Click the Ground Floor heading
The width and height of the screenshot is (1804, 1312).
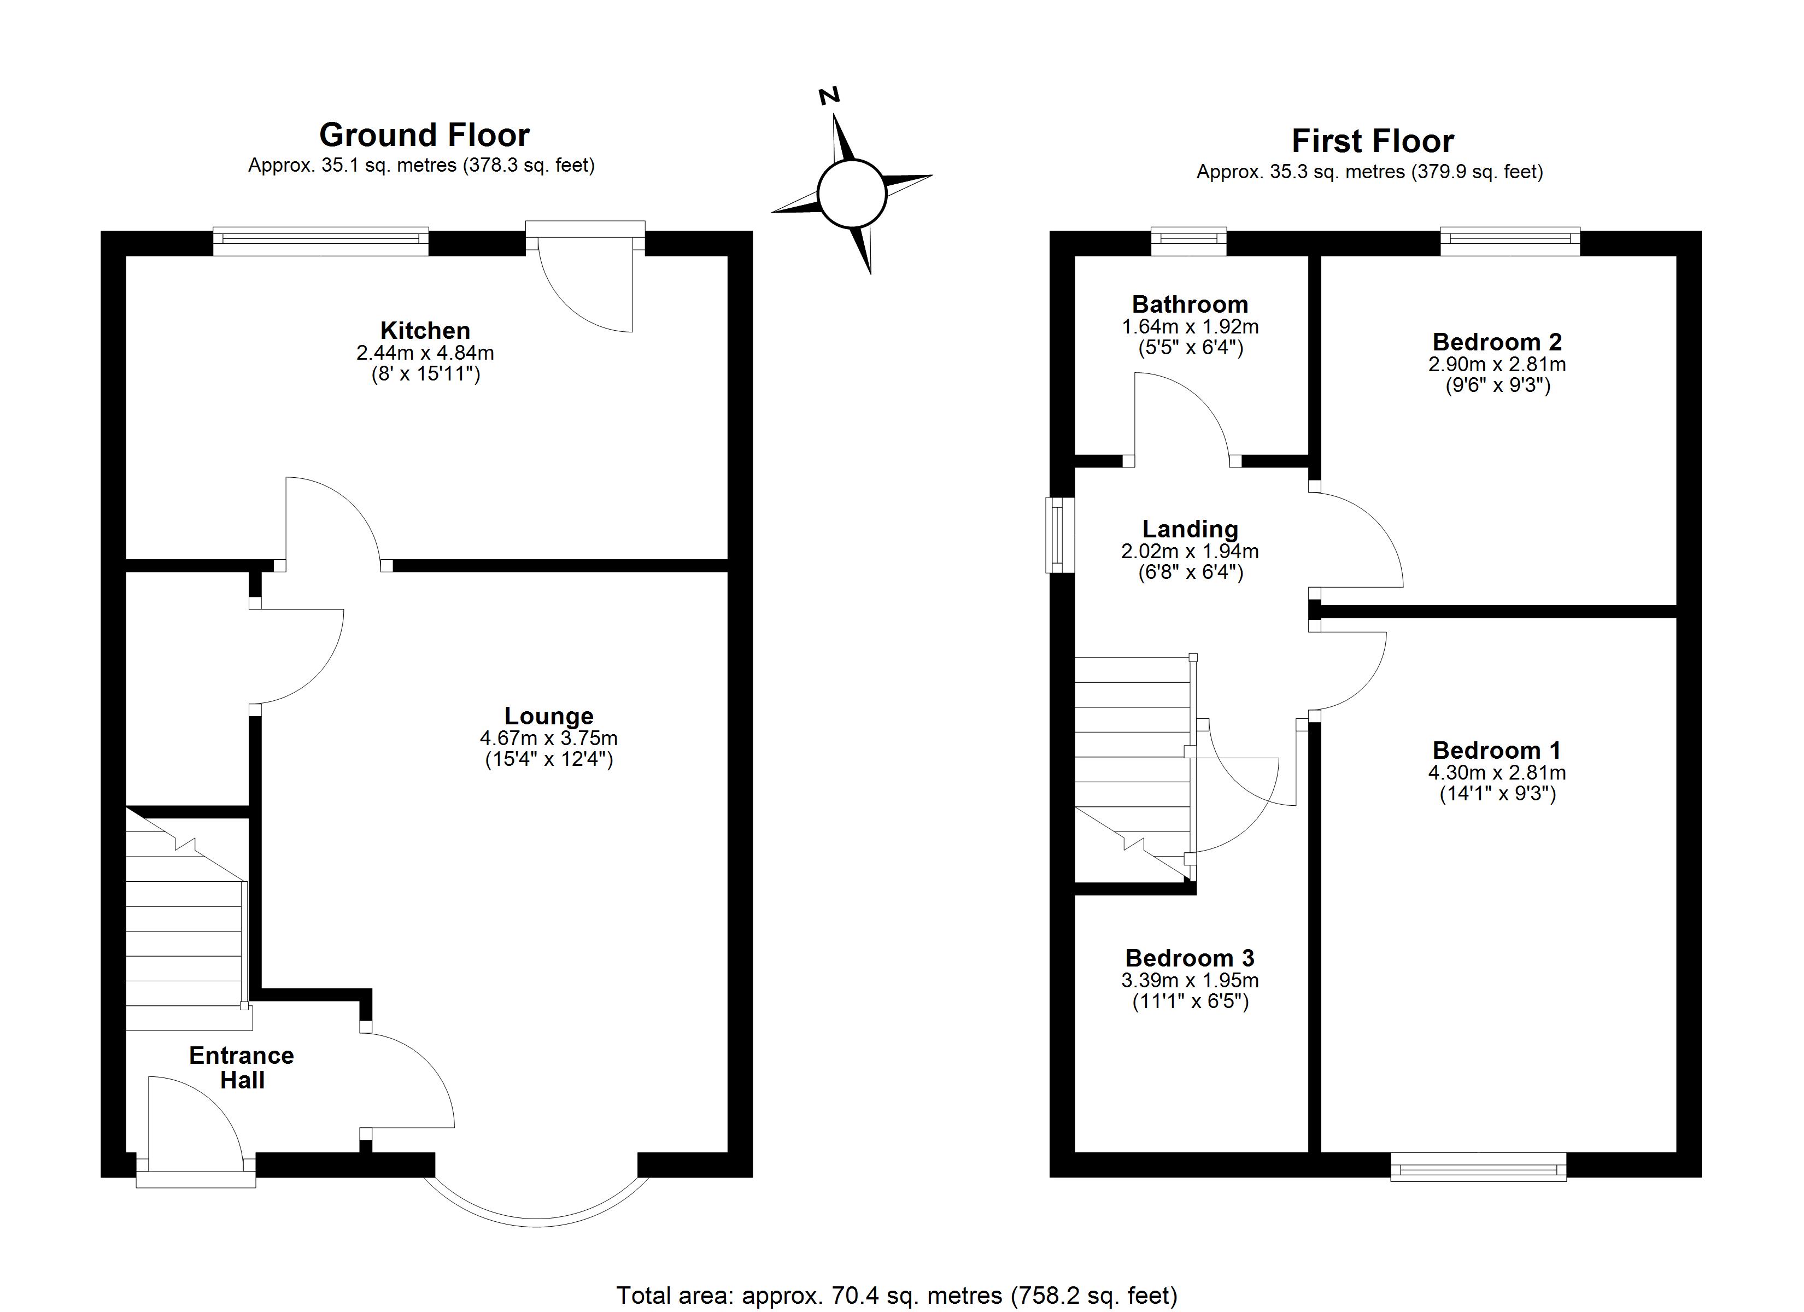tap(424, 135)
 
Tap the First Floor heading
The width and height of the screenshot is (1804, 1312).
tap(1372, 141)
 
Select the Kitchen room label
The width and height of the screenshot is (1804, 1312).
tap(425, 330)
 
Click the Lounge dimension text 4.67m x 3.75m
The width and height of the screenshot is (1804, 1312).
tap(549, 737)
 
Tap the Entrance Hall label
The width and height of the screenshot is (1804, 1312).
tap(242, 1067)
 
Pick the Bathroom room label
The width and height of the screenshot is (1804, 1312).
tap(1190, 304)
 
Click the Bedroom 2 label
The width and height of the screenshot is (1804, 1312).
tap(1497, 342)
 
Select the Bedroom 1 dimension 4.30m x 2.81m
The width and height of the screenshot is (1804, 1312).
tap(1497, 772)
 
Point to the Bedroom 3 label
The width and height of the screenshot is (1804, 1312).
tap(1190, 958)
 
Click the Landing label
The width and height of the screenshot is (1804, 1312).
tap(1190, 529)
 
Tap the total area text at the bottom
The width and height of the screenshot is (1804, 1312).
tap(897, 1295)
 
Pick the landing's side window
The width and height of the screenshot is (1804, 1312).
tap(1059, 535)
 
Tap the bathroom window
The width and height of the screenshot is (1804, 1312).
tap(1189, 242)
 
